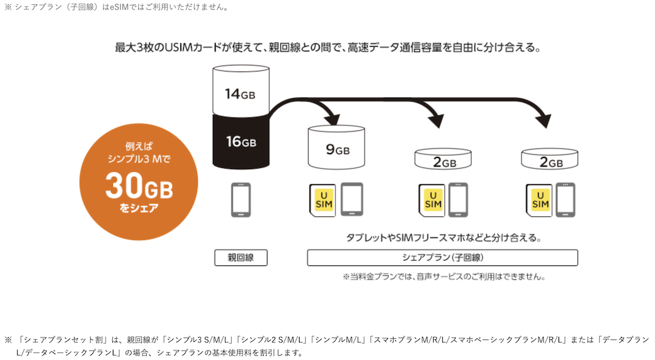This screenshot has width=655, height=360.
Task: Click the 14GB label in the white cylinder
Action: pyautogui.click(x=240, y=94)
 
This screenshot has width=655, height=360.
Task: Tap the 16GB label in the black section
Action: pyautogui.click(x=241, y=142)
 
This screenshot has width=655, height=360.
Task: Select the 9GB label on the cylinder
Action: pyautogui.click(x=338, y=150)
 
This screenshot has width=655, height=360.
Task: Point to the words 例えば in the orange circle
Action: pyautogui.click(x=139, y=146)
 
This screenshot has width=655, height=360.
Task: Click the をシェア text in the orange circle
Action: pyautogui.click(x=139, y=207)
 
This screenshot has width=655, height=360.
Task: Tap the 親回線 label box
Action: pyautogui.click(x=241, y=258)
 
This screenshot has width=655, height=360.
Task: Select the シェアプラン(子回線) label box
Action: pyautogui.click(x=442, y=258)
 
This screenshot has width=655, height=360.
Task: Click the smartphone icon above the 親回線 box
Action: pyautogui.click(x=241, y=200)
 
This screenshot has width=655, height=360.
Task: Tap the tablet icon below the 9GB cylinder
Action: pyautogui.click(x=352, y=199)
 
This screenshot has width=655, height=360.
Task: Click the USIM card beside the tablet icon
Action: pyautogui.click(x=323, y=201)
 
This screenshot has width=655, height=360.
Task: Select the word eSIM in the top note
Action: pyautogui.click(x=119, y=7)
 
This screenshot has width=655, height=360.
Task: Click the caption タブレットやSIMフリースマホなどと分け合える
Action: pyautogui.click(x=443, y=238)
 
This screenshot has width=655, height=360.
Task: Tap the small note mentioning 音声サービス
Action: pyautogui.click(x=443, y=276)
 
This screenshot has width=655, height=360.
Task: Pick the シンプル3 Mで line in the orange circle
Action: pyautogui.click(x=139, y=159)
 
